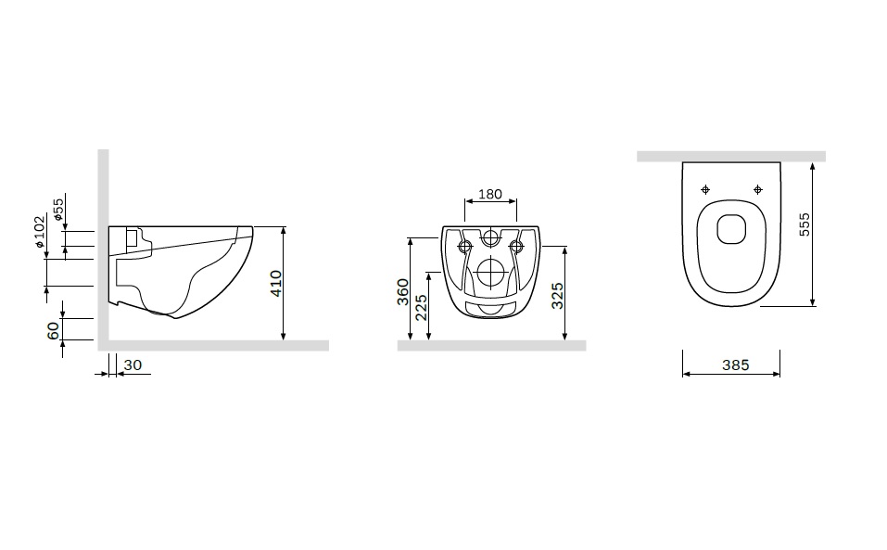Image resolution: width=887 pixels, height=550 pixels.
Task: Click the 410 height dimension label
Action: coord(275,283)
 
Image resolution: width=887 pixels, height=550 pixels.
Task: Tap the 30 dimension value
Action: coord(133,365)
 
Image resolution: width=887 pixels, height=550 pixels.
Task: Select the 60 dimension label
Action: coord(53,330)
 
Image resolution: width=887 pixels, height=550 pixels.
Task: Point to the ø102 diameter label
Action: coord(39,232)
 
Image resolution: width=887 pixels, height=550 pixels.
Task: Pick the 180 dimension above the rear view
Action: coord(490,194)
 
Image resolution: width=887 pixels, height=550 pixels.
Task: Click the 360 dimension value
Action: coord(402,292)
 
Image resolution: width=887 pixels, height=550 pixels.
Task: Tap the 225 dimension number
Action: coord(422,307)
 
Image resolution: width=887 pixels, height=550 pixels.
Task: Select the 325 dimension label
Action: coord(557,296)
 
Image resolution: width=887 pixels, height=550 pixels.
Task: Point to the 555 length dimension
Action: coord(804,224)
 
